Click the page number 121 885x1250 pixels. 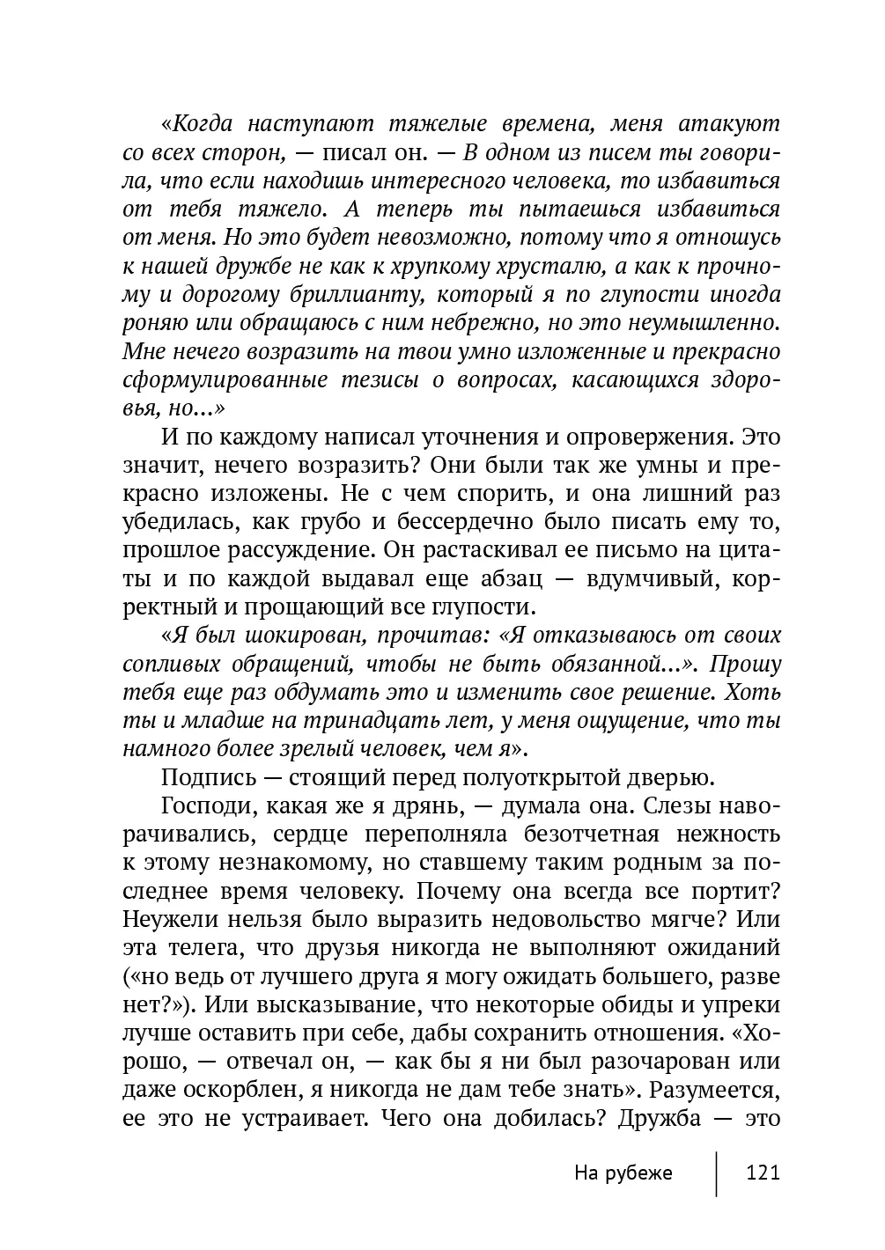tap(763, 1173)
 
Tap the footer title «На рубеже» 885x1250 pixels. tap(623, 1173)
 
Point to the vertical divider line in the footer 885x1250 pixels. tap(716, 1173)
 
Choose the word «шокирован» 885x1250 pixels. tap(286, 636)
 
